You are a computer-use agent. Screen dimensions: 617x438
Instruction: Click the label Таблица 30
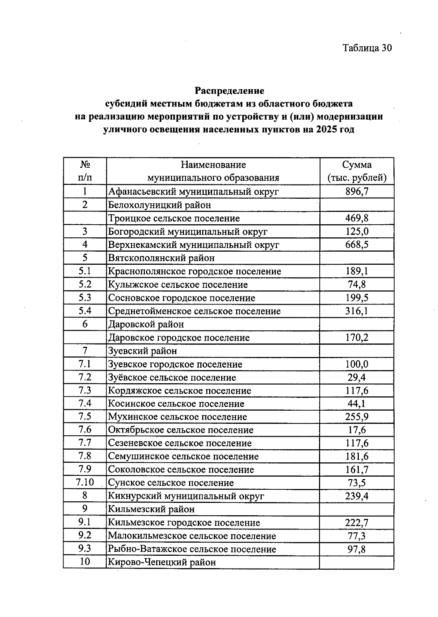coord(367,48)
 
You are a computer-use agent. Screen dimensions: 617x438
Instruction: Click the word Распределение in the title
coord(229,90)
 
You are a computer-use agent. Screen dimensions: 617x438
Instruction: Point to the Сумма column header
coord(357,171)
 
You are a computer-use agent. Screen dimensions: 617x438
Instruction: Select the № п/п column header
coord(85,171)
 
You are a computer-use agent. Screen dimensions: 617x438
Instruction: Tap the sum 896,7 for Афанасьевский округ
coord(357,191)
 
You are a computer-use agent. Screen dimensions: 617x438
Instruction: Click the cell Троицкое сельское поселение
coord(174,218)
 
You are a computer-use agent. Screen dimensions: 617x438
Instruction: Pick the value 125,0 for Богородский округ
coord(357,232)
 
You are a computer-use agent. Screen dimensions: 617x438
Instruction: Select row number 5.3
coord(85,298)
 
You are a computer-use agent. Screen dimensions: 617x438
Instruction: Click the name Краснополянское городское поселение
coord(195,271)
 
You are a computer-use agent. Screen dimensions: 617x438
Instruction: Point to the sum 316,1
coord(357,311)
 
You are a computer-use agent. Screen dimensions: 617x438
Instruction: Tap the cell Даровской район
coord(146,324)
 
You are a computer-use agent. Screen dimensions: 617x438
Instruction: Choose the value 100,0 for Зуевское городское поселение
coord(357,364)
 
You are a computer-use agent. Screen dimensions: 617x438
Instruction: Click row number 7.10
coord(85,482)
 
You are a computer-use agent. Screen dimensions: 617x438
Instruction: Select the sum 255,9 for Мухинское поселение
coord(357,417)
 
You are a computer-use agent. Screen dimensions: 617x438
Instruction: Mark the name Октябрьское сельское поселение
coord(181,430)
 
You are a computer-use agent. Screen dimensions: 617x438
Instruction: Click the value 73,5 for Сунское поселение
coord(357,483)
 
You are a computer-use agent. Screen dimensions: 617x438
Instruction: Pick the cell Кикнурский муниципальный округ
coord(186,496)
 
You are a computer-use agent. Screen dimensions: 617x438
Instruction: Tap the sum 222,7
coord(357,523)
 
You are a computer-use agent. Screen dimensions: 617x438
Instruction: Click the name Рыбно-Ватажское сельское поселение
coord(192,549)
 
